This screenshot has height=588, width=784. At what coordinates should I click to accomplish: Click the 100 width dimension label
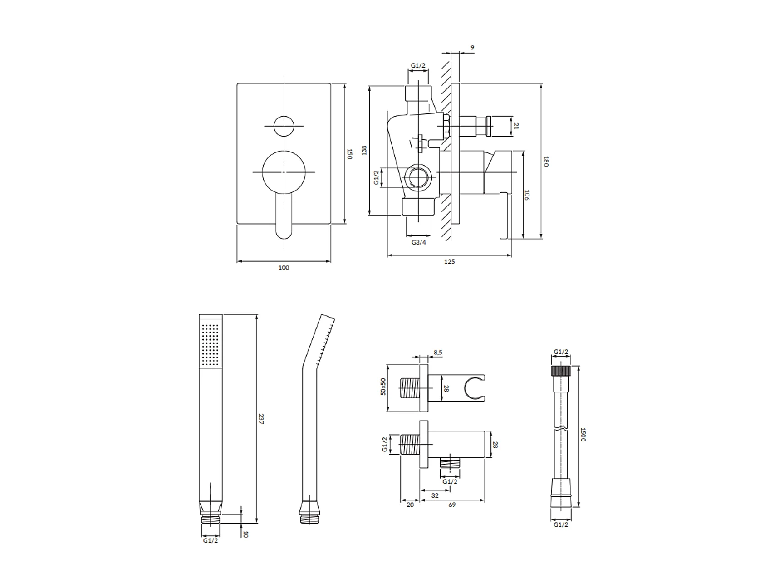pos(284,268)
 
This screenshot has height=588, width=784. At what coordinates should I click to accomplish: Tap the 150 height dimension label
pos(349,154)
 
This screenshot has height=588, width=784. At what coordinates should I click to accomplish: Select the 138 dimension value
pos(364,150)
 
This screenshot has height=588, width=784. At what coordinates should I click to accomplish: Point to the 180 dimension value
pos(546,162)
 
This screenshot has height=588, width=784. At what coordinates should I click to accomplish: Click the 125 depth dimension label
pos(449,262)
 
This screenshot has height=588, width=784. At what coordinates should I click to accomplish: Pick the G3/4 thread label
pos(419,242)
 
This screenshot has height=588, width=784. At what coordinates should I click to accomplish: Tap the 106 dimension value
pos(527,196)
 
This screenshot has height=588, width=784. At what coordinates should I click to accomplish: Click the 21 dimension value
pos(516,126)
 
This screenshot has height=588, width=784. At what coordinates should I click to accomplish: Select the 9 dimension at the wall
pos(472,48)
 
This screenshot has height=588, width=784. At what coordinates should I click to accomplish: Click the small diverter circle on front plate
pos(284,126)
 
